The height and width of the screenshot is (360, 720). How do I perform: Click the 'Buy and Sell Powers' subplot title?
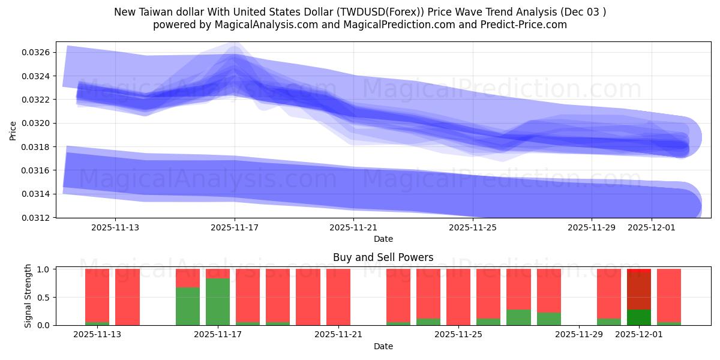[383, 257]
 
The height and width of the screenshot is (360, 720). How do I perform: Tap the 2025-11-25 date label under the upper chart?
[473, 227]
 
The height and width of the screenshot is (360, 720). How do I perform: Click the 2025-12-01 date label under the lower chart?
[638, 334]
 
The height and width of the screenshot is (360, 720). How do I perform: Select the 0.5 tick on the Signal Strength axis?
[44, 298]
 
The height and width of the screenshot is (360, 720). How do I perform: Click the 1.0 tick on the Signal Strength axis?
[44, 269]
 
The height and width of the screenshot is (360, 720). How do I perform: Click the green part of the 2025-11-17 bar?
[218, 302]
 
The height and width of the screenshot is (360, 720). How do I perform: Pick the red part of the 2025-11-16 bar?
[188, 278]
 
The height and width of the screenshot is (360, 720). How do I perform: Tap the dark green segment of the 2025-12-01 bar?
[639, 317]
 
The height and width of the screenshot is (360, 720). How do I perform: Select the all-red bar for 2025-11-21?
[338, 297]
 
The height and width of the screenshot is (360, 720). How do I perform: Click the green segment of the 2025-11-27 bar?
[518, 317]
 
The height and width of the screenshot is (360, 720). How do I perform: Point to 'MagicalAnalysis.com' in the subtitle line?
[250, 25]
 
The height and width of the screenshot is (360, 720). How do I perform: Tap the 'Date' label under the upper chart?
[383, 239]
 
